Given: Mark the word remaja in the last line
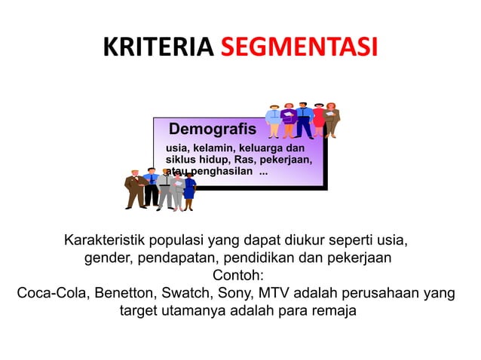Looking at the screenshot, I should (x=332, y=310).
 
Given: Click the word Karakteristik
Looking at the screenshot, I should (x=111, y=242).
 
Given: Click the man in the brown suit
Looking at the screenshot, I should (x=135, y=189).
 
